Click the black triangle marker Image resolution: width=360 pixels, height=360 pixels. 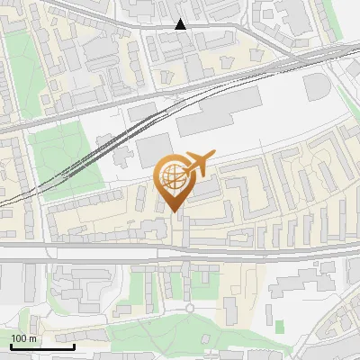(181, 24)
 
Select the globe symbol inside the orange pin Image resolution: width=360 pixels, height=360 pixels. (175, 176)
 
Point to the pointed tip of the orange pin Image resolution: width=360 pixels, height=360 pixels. (175, 212)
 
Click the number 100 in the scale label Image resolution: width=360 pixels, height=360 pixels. (19, 338)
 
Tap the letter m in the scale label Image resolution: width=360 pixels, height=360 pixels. (32, 338)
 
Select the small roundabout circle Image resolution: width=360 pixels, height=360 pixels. (190, 309)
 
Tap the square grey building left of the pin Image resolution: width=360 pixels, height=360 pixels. (153, 151)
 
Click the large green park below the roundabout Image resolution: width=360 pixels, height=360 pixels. (180, 337)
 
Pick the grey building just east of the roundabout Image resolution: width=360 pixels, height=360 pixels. (230, 310)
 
